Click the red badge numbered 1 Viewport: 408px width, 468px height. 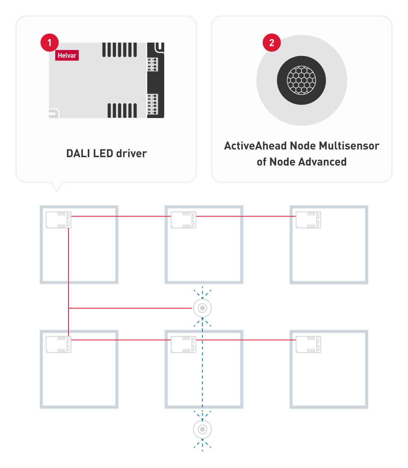pyautogui.click(x=49, y=43)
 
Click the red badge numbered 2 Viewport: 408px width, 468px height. pyautogui.click(x=271, y=43)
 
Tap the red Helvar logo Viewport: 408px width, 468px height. pyautogui.click(x=67, y=55)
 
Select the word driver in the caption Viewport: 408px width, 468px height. pyautogui.click(x=131, y=153)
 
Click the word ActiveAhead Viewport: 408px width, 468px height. pyautogui.click(x=255, y=146)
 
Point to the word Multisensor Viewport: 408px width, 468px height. pyautogui.click(x=349, y=146)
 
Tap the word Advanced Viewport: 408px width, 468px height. pyautogui.click(x=322, y=162)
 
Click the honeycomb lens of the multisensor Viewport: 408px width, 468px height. pyautogui.click(x=301, y=80)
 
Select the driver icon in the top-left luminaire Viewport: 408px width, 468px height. pyautogui.click(x=58, y=220)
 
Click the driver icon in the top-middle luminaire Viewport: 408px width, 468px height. pyautogui.click(x=183, y=220)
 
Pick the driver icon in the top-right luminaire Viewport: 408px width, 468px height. pyautogui.click(x=308, y=220)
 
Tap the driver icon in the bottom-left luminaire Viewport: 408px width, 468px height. pyautogui.click(x=58, y=344)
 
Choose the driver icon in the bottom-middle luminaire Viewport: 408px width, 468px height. pyautogui.click(x=183, y=344)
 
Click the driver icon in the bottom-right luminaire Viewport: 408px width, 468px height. pyautogui.click(x=308, y=344)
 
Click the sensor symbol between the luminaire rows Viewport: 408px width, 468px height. pyautogui.click(x=202, y=308)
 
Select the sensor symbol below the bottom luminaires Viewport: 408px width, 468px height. pyautogui.click(x=202, y=429)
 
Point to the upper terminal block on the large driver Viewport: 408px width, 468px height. pyautogui.click(x=153, y=65)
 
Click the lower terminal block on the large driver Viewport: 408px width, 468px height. pyautogui.click(x=153, y=104)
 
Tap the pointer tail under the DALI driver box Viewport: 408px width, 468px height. pyautogui.click(x=56, y=187)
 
